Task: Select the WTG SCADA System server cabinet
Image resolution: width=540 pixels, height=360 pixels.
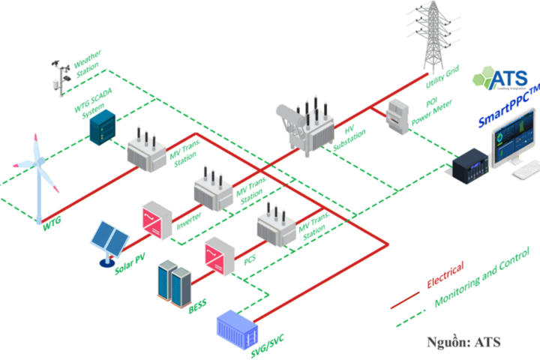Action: click(102, 127)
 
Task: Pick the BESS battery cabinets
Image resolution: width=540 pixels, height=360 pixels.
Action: click(175, 283)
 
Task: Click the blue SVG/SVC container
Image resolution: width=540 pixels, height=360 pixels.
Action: click(237, 329)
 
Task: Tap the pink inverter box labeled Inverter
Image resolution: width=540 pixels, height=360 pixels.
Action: click(157, 220)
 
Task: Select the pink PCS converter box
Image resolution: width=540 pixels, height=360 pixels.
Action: click(220, 256)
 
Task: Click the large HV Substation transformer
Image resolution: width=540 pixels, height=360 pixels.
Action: click(306, 127)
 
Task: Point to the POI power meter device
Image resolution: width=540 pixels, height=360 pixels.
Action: click(397, 116)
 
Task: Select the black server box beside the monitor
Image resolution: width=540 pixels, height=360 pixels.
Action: click(470, 166)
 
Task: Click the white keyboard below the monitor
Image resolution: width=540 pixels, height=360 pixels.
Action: click(526, 169)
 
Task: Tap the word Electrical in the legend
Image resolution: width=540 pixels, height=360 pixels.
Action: click(445, 274)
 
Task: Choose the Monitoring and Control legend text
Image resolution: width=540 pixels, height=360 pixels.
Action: click(481, 277)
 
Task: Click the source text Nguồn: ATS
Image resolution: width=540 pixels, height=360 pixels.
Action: click(463, 342)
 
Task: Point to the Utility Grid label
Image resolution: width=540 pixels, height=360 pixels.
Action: click(442, 76)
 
